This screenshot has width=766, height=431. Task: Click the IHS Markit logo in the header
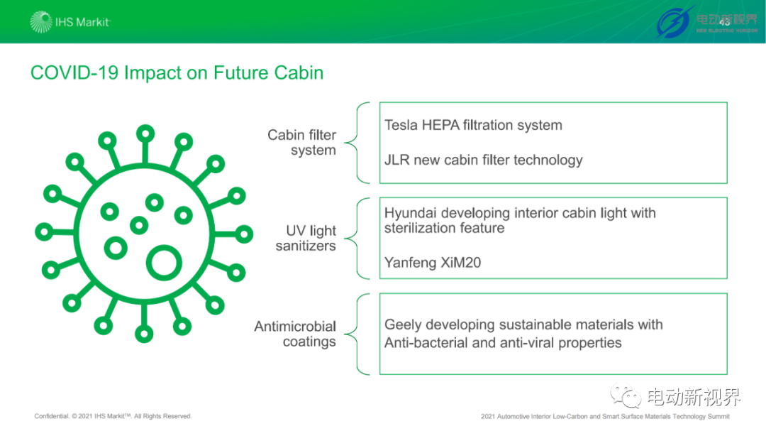pyautogui.click(x=70, y=22)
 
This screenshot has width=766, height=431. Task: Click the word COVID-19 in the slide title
pyautogui.click(x=74, y=73)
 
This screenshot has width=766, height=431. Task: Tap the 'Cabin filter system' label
pyautogui.click(x=302, y=142)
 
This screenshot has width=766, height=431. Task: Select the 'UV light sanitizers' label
pyautogui.click(x=306, y=238)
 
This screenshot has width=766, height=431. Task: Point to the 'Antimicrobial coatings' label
pyautogui.click(x=295, y=334)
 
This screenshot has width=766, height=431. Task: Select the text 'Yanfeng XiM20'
pyautogui.click(x=433, y=263)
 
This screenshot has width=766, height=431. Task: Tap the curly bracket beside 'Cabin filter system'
pyautogui.click(x=357, y=143)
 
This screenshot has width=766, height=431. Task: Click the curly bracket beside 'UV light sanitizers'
pyautogui.click(x=357, y=239)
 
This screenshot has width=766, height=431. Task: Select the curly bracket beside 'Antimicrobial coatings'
pyautogui.click(x=357, y=334)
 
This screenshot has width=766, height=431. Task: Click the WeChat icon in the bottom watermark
pyautogui.click(x=626, y=395)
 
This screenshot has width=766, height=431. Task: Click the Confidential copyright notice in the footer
pyautogui.click(x=113, y=416)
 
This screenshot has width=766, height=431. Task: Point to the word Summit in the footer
pyautogui.click(x=718, y=417)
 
